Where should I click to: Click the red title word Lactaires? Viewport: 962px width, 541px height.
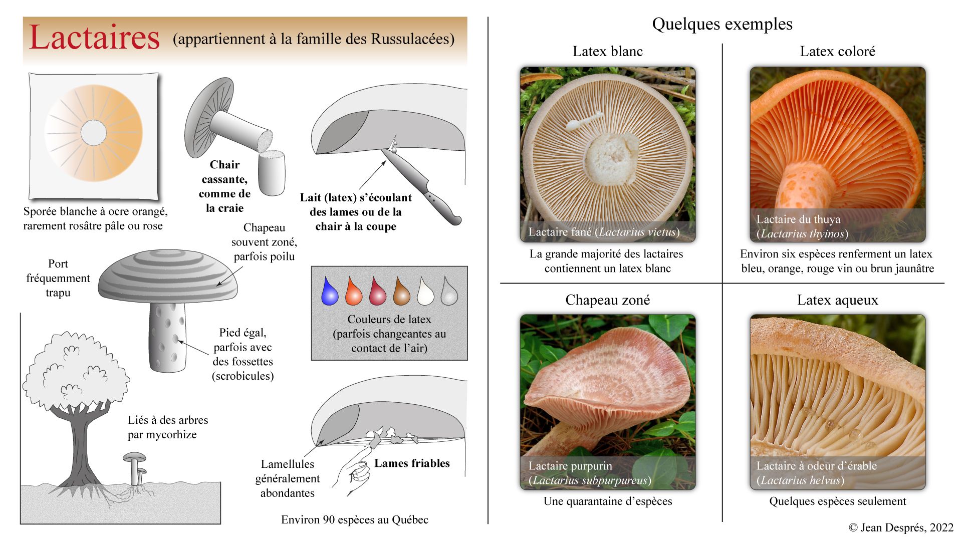pos(94,38)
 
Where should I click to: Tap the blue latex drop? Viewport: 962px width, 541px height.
pos(330,292)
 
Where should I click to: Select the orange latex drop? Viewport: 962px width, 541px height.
pos(353,292)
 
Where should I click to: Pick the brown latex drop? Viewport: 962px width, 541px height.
pos(401,292)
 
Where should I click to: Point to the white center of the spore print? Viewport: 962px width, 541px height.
pos(94,133)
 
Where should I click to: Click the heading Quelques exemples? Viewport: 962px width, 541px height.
pos(722,24)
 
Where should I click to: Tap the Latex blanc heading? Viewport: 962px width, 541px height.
pos(607,51)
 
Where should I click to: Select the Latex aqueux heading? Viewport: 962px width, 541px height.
pos(837,300)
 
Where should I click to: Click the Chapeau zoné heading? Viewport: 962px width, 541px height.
pos(607,300)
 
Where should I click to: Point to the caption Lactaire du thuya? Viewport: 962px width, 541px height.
pos(798,219)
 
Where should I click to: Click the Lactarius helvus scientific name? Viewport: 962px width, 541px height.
pos(800,480)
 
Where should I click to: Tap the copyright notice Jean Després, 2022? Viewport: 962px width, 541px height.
pos(901,527)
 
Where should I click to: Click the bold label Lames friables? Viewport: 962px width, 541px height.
pos(412,463)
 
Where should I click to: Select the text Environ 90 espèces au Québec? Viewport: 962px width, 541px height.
pos(355,520)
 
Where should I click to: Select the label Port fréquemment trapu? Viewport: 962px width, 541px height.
pos(58,278)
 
